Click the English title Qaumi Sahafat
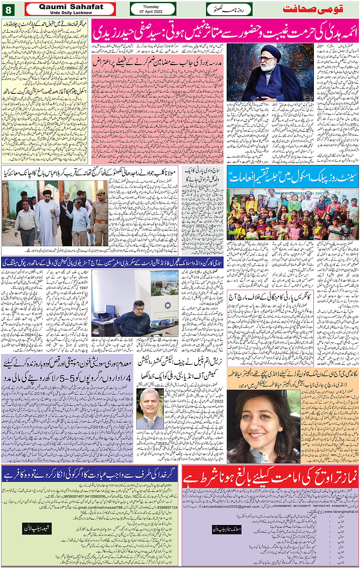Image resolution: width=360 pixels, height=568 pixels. tap(71, 7)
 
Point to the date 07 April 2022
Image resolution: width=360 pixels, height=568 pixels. tap(151, 12)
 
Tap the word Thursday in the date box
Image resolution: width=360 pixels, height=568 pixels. tap(151, 7)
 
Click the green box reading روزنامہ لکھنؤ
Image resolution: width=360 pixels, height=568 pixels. tap(229, 9)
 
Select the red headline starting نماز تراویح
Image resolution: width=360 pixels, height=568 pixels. tap(270, 478)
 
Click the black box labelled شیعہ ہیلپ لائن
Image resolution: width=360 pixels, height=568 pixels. tap(37, 528)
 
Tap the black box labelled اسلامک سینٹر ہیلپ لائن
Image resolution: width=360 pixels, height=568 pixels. tap(227, 529)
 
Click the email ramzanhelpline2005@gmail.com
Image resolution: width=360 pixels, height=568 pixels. tap(225, 506)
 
